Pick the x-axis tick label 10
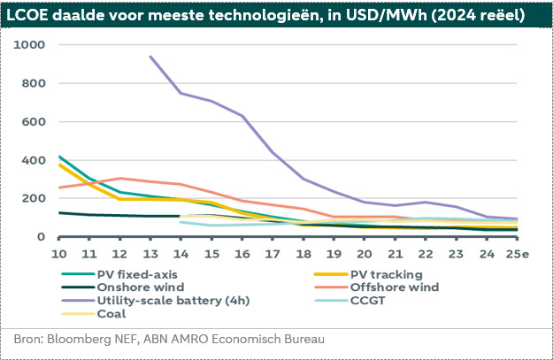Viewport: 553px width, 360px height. click(59, 254)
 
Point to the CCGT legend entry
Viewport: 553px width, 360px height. click(366, 300)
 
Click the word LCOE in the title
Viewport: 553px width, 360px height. click(31, 14)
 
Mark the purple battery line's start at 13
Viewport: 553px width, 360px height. click(150, 57)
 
